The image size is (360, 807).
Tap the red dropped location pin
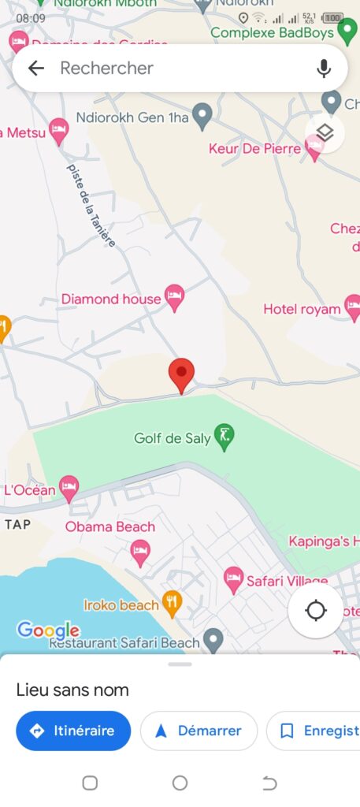[x=182, y=374]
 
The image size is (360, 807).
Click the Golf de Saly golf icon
[x=225, y=437]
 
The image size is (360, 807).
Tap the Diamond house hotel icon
[x=174, y=297]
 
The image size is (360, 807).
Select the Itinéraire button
[x=72, y=731]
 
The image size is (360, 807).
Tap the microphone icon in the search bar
[x=324, y=69]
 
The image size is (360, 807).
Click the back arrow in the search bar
[x=36, y=69]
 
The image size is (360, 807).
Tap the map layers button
[x=325, y=132]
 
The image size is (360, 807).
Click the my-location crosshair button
[x=316, y=611]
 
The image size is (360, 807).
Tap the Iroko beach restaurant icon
[x=172, y=604]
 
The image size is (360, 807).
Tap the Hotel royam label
[x=302, y=309]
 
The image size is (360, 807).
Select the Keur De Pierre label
[x=254, y=148]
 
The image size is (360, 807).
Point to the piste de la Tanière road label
[x=91, y=205]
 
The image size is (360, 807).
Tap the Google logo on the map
[x=48, y=630]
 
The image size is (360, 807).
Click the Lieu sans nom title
[x=72, y=690]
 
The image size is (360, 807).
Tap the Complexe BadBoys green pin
[x=347, y=32]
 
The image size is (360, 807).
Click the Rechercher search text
[x=106, y=69]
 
